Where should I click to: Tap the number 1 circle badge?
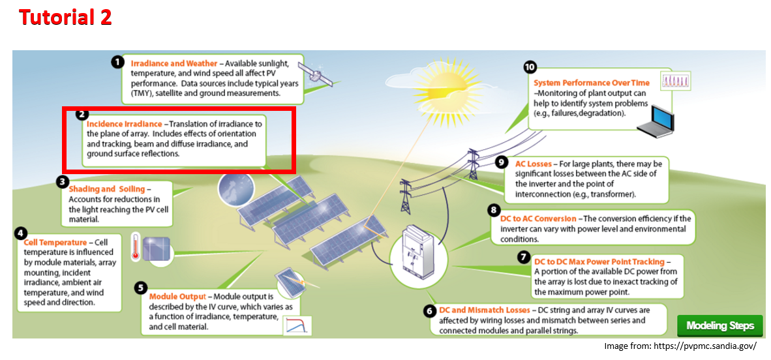pos(117,62)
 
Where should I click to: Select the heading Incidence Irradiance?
pos(124,124)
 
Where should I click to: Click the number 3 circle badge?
pos(63,182)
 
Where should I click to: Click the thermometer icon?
pos(136,247)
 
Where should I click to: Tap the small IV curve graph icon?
pos(297,325)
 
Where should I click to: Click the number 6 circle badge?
pos(429,311)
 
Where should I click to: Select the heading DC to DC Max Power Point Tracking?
pos(599,262)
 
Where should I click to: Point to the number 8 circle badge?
pos(493,210)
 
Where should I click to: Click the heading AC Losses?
pos(533,164)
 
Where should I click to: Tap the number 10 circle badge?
pos(530,67)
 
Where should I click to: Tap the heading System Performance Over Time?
pos(592,83)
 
